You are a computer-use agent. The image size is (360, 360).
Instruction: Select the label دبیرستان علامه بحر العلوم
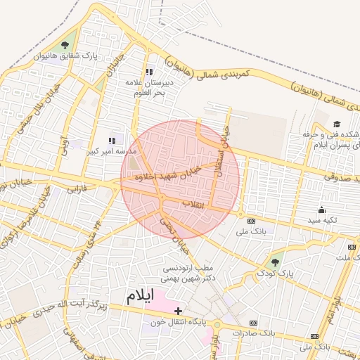149,89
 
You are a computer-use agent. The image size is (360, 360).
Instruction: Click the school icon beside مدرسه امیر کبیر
112,141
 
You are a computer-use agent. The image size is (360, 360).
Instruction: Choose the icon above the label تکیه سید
322,209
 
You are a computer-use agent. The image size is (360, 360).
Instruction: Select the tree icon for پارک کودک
275,262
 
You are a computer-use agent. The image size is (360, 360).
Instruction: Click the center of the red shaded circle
180,179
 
